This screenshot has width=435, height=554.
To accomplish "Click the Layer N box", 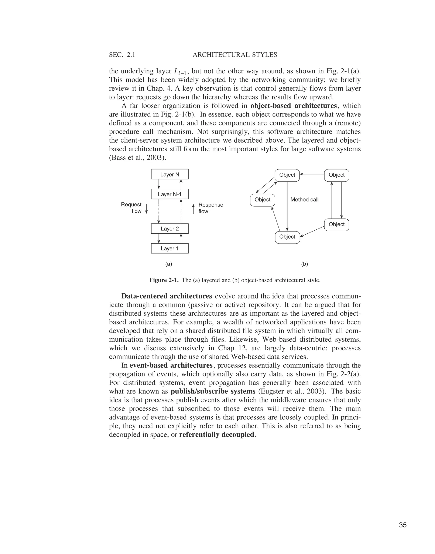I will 170,174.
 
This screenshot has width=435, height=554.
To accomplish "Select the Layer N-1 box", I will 170,194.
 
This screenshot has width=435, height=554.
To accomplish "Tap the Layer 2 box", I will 170,229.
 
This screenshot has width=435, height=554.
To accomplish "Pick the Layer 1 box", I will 170,249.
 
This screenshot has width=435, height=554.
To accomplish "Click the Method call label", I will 304,200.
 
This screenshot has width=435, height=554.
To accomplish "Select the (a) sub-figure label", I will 169,264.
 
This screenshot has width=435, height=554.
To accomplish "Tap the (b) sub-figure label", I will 305,264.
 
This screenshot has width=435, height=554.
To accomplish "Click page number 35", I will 403,518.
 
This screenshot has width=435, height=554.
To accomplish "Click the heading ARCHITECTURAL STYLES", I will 235,55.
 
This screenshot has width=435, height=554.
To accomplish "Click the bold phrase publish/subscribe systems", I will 213,391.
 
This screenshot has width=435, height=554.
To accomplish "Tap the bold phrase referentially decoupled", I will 216,435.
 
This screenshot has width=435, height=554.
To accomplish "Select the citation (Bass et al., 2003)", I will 137,158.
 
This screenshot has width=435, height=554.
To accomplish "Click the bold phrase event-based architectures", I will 171,365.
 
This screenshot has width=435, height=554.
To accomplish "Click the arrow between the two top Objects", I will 312,174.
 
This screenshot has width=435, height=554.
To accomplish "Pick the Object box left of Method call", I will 262,200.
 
